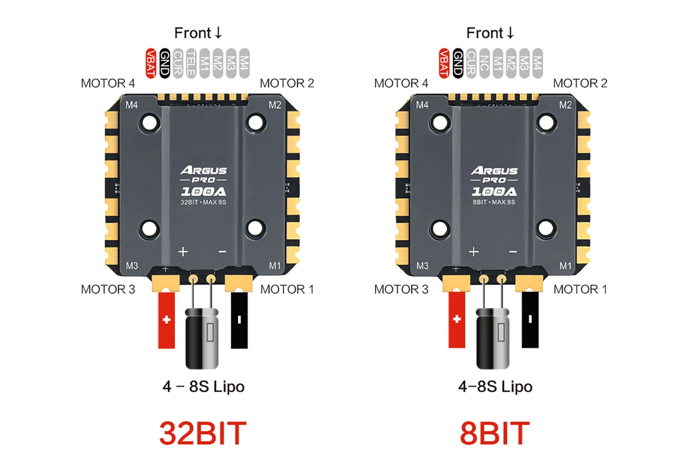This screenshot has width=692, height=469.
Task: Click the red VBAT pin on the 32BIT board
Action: pyautogui.click(x=151, y=63)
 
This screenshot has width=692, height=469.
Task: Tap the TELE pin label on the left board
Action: pyautogui.click(x=191, y=63)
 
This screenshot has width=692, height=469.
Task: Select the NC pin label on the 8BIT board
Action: pyautogui.click(x=484, y=63)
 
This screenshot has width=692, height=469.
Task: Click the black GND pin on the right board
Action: pyautogui.click(x=458, y=63)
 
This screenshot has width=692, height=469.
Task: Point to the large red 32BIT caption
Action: pyautogui.click(x=203, y=433)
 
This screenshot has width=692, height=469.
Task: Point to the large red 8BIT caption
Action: pyautogui.click(x=494, y=433)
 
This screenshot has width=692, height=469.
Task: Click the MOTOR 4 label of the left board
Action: pyautogui.click(x=108, y=83)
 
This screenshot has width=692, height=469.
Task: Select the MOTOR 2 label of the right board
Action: pyautogui.click(x=580, y=83)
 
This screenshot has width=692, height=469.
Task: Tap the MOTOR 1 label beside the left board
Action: pyautogui.click(x=287, y=289)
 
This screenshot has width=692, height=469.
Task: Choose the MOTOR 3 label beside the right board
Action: pyautogui.click(x=401, y=289)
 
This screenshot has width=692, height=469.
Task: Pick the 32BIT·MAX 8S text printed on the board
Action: pyautogui.click(x=203, y=202)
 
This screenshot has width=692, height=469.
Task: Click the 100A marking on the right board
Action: pyautogui.click(x=494, y=191)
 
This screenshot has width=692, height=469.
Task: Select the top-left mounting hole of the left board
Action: pyautogui.click(x=149, y=122)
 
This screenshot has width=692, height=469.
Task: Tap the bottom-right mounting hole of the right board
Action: pyautogui.click(x=546, y=228)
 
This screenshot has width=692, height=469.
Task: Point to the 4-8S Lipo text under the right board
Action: pyautogui.click(x=495, y=386)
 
